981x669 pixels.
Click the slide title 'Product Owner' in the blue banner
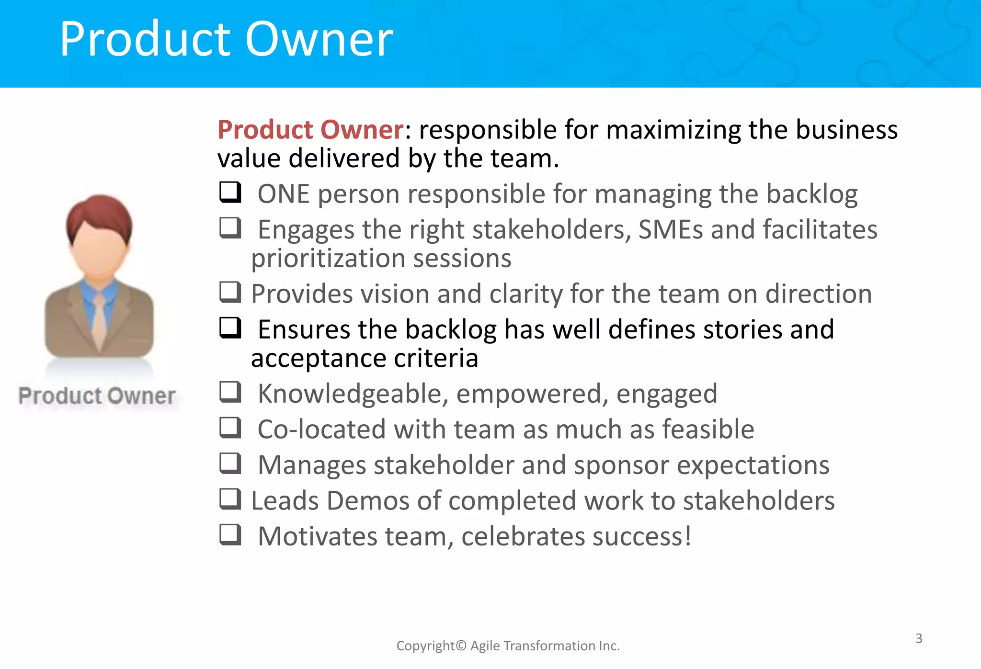(226, 39)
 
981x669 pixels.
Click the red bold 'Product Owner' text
(310, 130)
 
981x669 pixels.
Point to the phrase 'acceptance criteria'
(365, 358)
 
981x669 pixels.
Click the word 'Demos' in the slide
(368, 501)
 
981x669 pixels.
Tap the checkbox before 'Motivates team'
(230, 534)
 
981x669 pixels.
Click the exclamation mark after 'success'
(688, 536)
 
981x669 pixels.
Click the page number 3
(919, 638)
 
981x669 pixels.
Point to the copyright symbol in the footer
(461, 646)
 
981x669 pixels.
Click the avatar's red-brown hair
(99, 213)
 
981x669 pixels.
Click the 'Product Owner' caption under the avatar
(97, 396)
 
